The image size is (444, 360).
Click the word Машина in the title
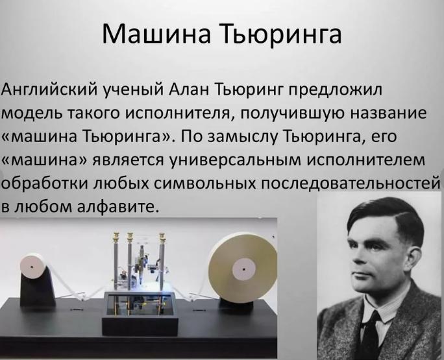(x=156, y=33)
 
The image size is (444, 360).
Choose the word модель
(x=33, y=114)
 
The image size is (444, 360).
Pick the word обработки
(x=45, y=184)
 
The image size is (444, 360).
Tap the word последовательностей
(x=351, y=184)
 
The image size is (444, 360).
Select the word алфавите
(x=117, y=208)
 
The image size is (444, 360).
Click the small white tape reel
(x=33, y=266)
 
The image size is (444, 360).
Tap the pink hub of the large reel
(x=244, y=269)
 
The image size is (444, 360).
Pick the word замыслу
(x=243, y=138)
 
